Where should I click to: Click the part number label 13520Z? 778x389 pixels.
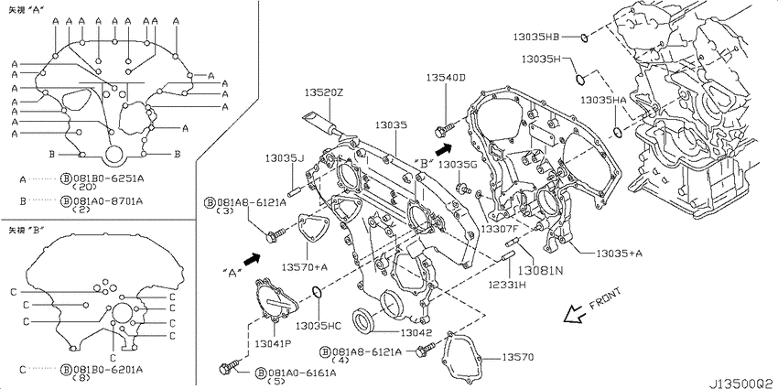[323, 92]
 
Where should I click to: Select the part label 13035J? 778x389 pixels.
[285, 157]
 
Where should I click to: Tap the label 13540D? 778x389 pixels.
[447, 78]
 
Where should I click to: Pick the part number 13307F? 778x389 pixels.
[500, 229]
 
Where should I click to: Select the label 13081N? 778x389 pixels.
[541, 271]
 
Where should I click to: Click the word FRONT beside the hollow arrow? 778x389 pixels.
[605, 299]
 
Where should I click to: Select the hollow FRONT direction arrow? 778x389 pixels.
[576, 314]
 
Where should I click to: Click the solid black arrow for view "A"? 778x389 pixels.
[253, 258]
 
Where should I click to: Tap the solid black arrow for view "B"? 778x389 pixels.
[444, 146]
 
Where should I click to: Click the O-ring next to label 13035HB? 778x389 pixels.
[585, 37]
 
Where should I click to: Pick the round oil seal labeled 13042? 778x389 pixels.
[363, 319]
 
